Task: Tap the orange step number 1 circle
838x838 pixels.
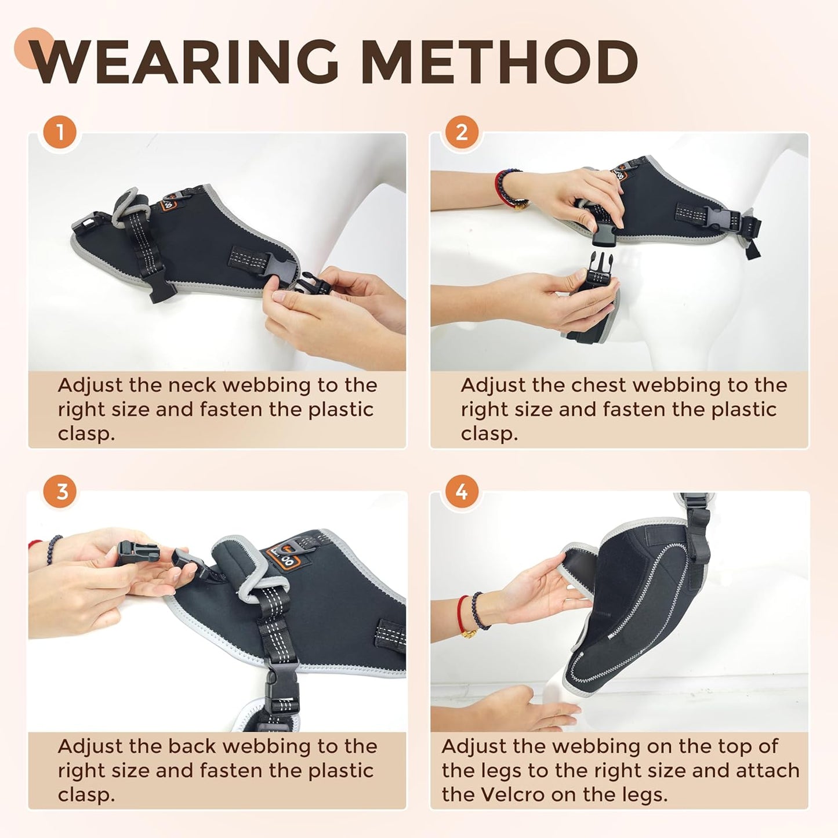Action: [x=60, y=132]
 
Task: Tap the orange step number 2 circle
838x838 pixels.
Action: [x=462, y=132]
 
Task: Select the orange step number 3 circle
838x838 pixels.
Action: [x=61, y=492]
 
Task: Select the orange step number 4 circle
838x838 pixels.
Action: [x=462, y=492]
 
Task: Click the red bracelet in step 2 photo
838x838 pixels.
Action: [x=500, y=187]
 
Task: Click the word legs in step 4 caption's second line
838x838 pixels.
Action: [x=493, y=770]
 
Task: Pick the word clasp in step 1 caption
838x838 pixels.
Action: [x=86, y=433]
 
